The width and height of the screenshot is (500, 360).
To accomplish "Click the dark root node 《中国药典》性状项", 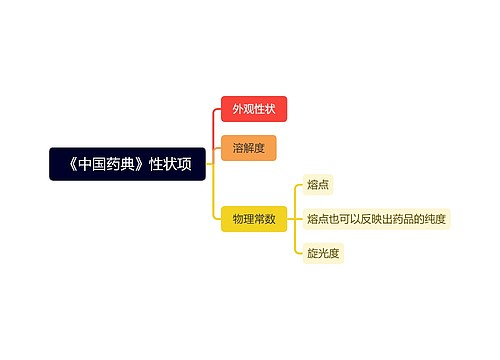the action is [x=127, y=164].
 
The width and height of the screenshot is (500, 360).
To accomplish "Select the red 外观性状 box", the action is [x=254, y=109].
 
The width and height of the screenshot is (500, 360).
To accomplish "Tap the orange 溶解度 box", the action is [x=248, y=148].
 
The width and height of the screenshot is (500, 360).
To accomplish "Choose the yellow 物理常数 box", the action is [x=254, y=218].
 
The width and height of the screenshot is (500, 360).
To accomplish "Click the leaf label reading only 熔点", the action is [x=319, y=184].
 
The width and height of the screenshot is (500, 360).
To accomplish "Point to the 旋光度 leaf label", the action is [x=324, y=253].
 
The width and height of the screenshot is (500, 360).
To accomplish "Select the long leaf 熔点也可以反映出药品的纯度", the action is [x=376, y=218].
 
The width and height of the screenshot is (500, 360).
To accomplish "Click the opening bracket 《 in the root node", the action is [x=65, y=164].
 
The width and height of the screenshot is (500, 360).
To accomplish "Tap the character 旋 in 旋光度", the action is [x=313, y=253].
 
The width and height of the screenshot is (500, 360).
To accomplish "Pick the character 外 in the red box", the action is [x=238, y=109].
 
